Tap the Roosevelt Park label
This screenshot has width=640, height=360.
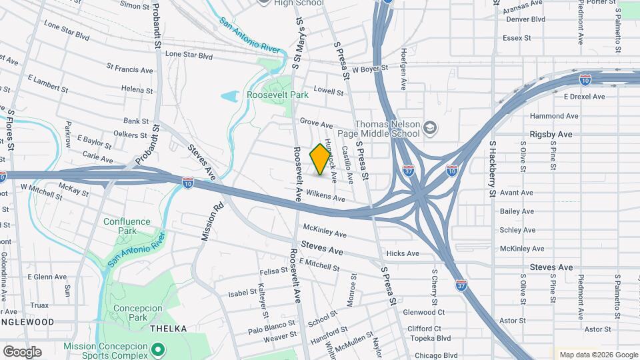click(277, 95)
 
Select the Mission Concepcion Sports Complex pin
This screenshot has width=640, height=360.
click(157, 348)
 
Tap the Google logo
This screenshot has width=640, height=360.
click(22, 351)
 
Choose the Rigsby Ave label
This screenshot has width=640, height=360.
click(551, 134)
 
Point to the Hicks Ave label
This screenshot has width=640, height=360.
click(403, 253)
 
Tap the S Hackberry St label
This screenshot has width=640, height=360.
click(493, 169)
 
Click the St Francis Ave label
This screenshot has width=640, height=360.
click(129, 69)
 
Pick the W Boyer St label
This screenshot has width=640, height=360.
click(370, 69)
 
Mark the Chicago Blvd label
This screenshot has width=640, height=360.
click(436, 355)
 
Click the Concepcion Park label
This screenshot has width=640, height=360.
click(138, 313)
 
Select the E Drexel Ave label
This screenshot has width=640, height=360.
click(583, 97)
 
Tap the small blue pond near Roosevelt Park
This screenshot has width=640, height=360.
click(229, 97)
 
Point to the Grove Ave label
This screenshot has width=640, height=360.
click(316, 124)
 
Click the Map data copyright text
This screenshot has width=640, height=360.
click(597, 355)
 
